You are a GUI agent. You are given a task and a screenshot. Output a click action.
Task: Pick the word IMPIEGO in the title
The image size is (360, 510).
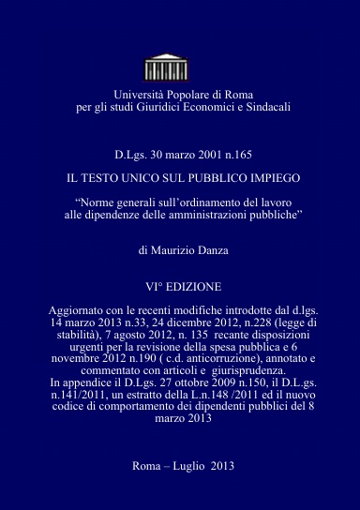pyautogui.click(x=271, y=176)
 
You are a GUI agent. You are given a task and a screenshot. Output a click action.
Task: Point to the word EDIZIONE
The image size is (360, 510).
pyautogui.click(x=194, y=285)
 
